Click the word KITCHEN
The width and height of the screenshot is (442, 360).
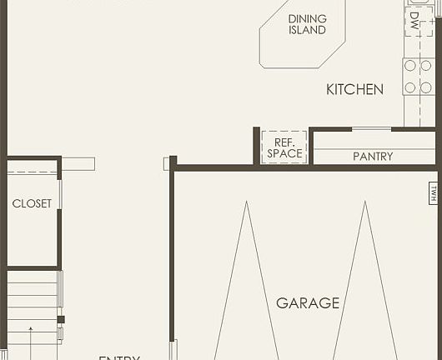coord(354,89)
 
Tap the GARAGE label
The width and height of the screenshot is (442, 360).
coord(308,303)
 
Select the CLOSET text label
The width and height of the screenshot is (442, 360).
coord(32,203)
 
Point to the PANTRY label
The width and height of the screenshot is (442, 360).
coord(372,157)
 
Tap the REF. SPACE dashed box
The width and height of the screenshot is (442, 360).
coord(284,147)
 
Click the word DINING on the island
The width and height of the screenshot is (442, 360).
coord(307,19)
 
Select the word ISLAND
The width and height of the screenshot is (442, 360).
coord(307,31)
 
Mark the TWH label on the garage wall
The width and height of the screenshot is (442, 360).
coord(434,192)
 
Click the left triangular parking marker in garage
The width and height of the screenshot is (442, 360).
coord(245,283)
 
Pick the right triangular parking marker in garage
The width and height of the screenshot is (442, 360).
coord(364,283)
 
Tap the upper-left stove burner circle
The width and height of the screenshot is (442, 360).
coord(410,66)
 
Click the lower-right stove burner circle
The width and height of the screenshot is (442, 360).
coord(425,87)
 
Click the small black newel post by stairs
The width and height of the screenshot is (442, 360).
coord(60,319)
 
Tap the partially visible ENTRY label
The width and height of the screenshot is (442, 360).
coord(119,357)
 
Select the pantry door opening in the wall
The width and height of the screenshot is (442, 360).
coord(371,129)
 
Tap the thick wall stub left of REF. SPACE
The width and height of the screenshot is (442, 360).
coord(257,145)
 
